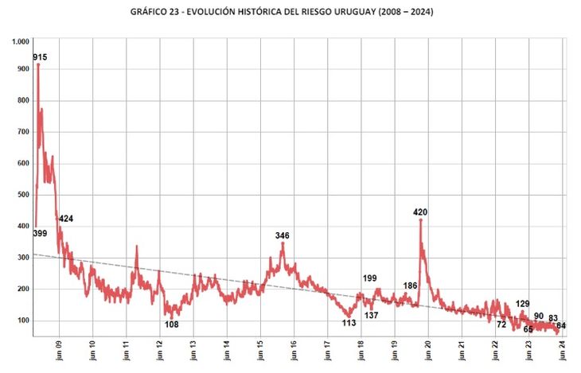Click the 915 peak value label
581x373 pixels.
coord(40,57)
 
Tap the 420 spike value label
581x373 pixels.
coord(421,212)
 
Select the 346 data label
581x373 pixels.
coord(283,235)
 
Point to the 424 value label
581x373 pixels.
coord(66,219)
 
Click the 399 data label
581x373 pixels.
coord(40,233)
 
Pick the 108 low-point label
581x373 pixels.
coord(171,324)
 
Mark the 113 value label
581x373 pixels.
coord(349,323)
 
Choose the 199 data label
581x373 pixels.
coord(370,278)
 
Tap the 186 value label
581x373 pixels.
coord(411,286)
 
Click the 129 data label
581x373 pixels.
coord(523,304)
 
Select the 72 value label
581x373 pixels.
coord(501,324)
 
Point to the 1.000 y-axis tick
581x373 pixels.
coord(21,41)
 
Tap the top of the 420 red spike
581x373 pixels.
coord(420,220)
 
